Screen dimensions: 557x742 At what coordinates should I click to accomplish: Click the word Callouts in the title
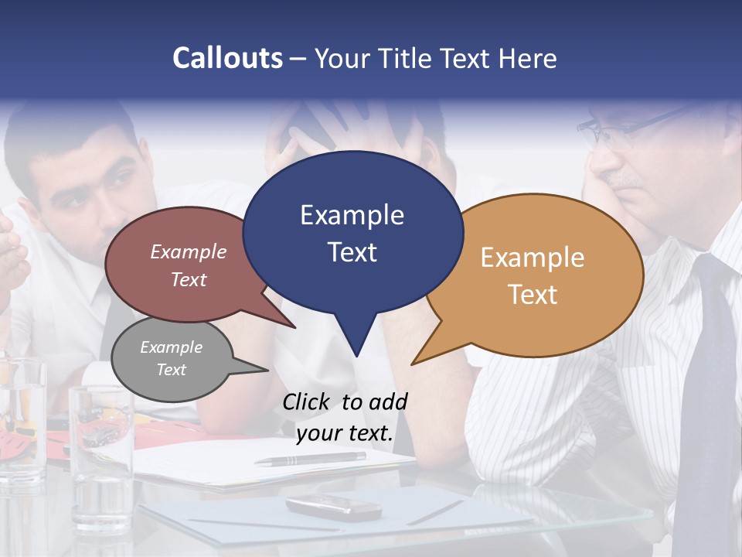pos(227,58)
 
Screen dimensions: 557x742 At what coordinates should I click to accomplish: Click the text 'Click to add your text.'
pos(345,418)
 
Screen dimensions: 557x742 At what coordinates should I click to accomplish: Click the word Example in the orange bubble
pos(533,258)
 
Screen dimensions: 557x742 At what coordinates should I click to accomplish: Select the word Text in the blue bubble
pos(352,252)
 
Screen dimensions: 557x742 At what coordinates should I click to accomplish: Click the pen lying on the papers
pos(310,459)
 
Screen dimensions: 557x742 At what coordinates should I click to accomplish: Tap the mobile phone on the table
pos(333,507)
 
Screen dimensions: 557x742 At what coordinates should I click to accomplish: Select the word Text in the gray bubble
pos(172,370)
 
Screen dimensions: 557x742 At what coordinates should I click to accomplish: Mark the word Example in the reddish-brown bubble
pos(189,251)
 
